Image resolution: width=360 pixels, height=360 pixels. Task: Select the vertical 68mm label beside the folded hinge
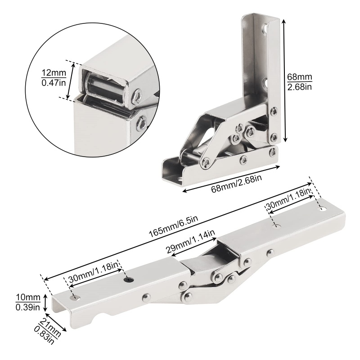click(299, 77)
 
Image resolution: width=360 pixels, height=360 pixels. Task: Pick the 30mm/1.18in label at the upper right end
click(288, 200)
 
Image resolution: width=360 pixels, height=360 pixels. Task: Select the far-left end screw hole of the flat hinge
click(75, 298)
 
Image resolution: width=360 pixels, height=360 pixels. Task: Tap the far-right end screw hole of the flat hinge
click(322, 209)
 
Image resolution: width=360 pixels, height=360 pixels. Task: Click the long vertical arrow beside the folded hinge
click(284, 81)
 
